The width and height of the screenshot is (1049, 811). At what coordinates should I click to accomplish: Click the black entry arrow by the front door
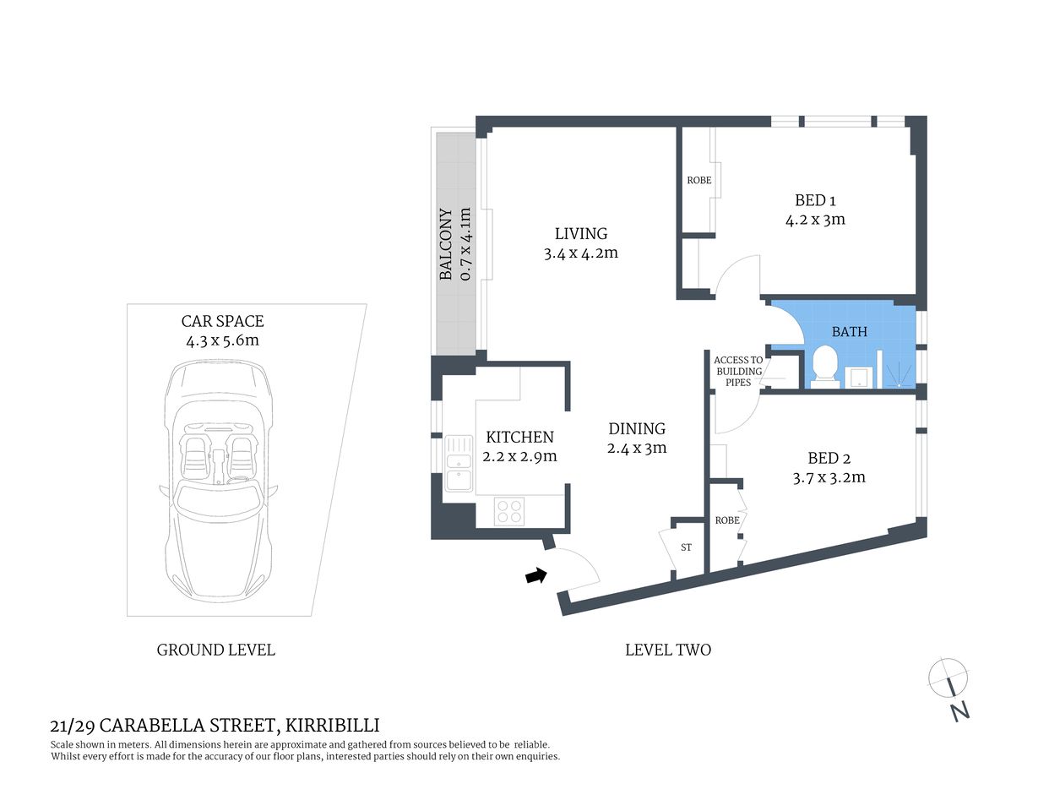535,576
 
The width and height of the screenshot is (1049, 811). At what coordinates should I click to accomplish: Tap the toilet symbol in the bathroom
824,367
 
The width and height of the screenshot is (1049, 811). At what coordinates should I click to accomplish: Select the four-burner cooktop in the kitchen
509,511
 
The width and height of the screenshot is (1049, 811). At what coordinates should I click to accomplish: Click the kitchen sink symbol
459,462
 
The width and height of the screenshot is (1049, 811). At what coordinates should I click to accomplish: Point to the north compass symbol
948,687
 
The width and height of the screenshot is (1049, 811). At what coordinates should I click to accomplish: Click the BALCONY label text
446,244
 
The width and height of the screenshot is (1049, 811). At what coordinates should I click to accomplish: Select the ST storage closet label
686,547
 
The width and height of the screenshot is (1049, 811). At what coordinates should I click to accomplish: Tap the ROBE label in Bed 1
698,180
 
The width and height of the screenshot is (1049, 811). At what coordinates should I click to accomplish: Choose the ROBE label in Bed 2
726,520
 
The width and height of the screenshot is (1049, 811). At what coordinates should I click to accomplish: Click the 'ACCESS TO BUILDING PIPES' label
738,371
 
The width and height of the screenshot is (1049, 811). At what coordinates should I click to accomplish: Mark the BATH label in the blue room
849,332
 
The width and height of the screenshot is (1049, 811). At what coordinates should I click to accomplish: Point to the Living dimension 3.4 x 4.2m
580,253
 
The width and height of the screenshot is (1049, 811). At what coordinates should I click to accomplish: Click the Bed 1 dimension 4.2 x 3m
815,220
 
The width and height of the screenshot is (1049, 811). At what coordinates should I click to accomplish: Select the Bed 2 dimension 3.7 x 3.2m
829,477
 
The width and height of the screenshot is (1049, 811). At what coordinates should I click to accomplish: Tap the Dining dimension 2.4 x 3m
636,448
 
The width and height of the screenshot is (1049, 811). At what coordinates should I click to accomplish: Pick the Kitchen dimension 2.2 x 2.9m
519,456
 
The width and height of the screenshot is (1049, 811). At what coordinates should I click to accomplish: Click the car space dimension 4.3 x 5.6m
222,340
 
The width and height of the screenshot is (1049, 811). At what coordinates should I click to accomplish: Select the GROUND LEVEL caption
215,650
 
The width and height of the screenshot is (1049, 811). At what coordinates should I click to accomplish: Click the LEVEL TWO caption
667,650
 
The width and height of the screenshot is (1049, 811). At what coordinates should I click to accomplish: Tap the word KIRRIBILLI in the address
332,725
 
